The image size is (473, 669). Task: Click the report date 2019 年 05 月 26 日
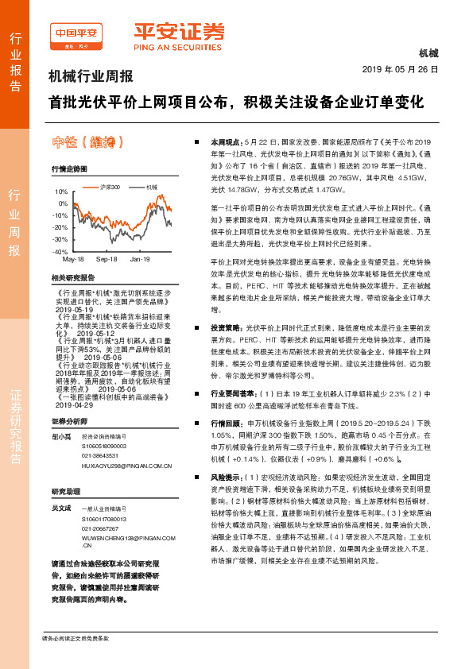point(406,70)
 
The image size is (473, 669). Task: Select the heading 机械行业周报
point(91,77)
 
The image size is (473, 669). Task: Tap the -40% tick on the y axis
point(60,251)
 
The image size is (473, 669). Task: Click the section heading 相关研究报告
point(72,278)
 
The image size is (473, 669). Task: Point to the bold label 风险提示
point(227,477)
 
